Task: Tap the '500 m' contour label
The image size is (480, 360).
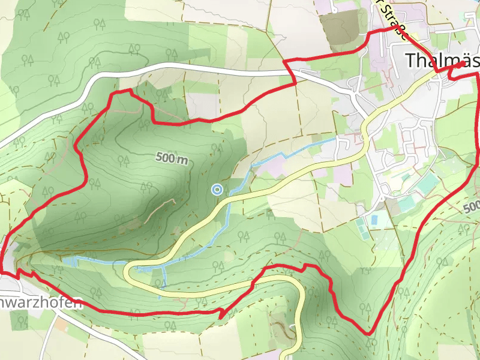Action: (172, 158)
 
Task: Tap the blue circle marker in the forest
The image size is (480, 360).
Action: (217, 190)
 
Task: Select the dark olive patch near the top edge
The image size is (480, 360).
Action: (339, 26)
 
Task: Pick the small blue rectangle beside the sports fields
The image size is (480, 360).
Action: (374, 220)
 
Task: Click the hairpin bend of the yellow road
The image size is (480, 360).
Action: (128, 273)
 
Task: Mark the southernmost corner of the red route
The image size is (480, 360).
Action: (367, 334)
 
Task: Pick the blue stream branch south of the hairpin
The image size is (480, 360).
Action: (160, 287)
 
